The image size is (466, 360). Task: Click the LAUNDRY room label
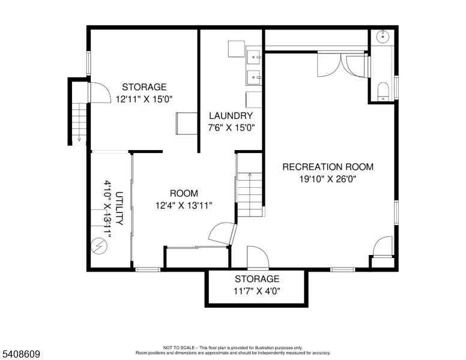[x=231, y=116]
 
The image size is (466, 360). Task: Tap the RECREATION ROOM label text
[x=328, y=167]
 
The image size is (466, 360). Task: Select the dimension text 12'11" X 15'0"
[x=144, y=99]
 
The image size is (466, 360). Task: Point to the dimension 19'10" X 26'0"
[x=328, y=179]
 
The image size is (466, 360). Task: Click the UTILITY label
[x=119, y=208]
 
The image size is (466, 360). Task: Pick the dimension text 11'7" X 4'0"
[x=257, y=291]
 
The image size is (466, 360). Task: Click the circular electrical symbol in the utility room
[x=99, y=246]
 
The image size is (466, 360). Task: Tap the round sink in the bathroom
[x=383, y=37]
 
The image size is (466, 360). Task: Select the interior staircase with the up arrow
[x=250, y=194]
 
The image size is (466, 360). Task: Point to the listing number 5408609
[x=21, y=354]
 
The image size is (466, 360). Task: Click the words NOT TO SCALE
[x=179, y=347]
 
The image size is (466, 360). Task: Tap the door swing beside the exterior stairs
[x=99, y=92]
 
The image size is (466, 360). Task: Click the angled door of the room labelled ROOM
[x=222, y=233]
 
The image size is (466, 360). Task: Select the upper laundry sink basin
[x=253, y=57]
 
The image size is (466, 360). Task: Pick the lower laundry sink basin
[x=253, y=77]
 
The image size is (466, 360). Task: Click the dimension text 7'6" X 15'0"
[x=231, y=128]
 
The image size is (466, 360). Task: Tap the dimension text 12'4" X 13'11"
[x=184, y=206]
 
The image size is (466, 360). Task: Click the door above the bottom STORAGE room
[x=258, y=257]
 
